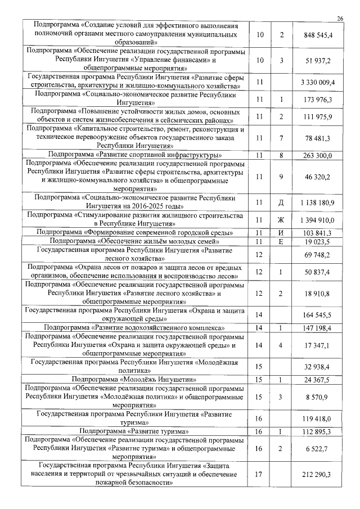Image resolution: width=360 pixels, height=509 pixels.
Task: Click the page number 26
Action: pos(340,19)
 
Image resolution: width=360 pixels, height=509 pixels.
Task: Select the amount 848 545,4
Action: pos(318,35)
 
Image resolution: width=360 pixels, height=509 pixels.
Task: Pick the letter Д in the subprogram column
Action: pos(281,202)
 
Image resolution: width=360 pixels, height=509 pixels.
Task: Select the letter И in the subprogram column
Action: pos(281,233)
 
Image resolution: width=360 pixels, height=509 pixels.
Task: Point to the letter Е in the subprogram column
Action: pos(281,241)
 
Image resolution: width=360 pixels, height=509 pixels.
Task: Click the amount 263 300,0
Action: pos(318,155)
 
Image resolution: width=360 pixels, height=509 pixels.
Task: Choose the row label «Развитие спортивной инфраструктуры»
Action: pos(134,155)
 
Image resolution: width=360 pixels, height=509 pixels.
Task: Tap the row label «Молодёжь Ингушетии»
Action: pos(134,380)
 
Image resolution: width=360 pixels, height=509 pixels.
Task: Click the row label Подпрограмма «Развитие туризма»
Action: pos(134,431)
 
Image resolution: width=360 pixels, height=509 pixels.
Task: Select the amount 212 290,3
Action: pos(318,475)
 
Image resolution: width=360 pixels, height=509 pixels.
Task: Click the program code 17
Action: pos(259,475)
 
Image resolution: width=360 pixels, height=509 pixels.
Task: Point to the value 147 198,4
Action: pos(318,327)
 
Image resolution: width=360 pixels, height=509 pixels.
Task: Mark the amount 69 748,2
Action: pos(318,255)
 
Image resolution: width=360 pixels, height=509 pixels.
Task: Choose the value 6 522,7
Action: pos(318,449)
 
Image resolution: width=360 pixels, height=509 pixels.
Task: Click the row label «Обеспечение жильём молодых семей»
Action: pos(134,241)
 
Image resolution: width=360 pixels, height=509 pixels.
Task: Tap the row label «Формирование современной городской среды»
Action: pos(134,232)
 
